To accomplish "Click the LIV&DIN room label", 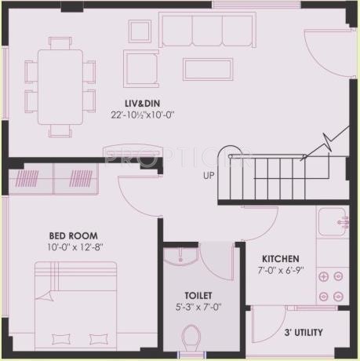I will [x=143, y=103].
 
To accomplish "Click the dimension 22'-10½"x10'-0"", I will [x=143, y=115].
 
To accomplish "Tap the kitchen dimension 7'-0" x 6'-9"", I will [x=282, y=270].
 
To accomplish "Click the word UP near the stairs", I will [x=209, y=175].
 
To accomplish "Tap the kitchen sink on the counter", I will [x=331, y=221].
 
